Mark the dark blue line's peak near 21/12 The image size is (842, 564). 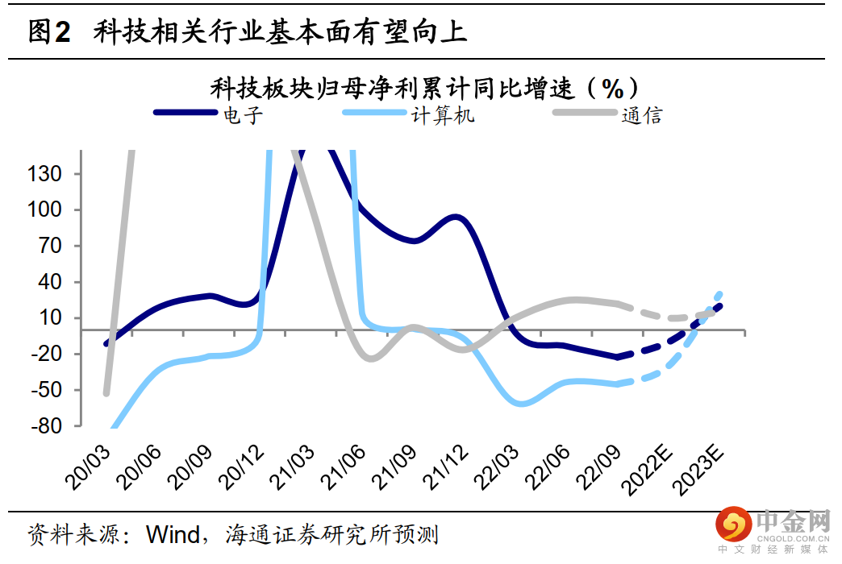(456, 217)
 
